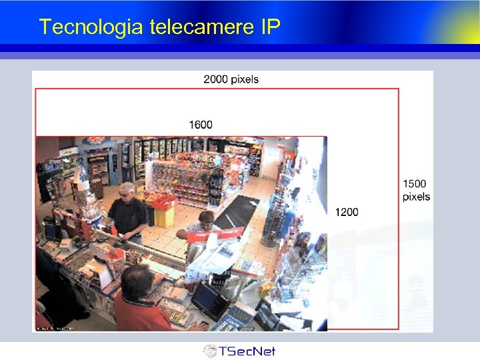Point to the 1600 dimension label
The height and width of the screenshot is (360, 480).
(x=201, y=125)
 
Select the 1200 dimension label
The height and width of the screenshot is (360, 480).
(x=346, y=212)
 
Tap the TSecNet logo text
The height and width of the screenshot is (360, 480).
(x=248, y=351)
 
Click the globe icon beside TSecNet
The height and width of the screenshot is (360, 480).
(x=210, y=351)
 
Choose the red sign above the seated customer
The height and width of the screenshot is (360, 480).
(x=223, y=234)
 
